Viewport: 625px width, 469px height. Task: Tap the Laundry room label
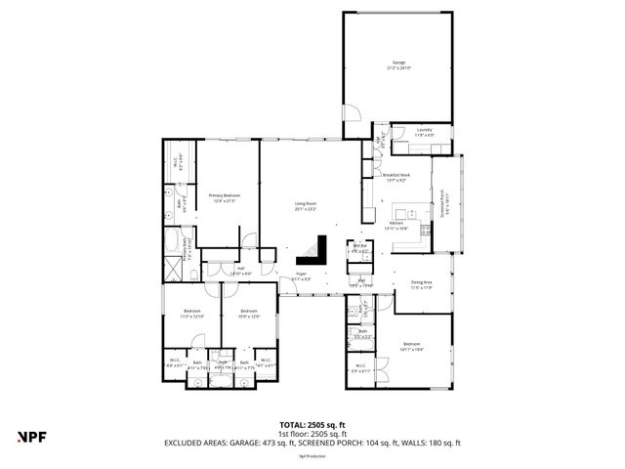(424, 132)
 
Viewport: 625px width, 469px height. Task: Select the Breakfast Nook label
(397, 179)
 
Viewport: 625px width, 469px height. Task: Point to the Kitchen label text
(397, 225)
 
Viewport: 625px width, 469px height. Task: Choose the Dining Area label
(422, 285)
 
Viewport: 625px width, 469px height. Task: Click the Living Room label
(307, 206)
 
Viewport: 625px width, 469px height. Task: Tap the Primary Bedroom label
(225, 198)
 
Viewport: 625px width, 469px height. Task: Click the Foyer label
(303, 277)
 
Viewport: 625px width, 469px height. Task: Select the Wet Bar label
(360, 248)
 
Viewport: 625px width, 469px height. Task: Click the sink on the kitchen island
(412, 212)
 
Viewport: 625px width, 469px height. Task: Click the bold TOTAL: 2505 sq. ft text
(312, 424)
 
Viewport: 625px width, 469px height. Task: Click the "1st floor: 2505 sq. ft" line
(312, 433)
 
